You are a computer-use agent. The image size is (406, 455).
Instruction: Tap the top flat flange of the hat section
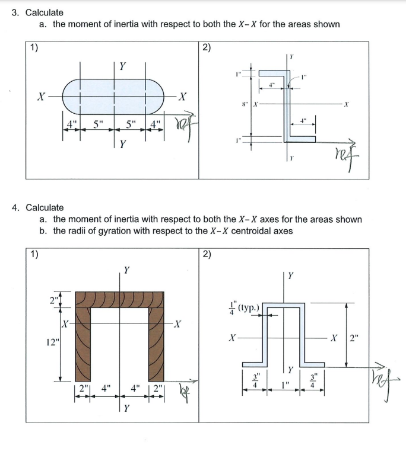coord(283,306)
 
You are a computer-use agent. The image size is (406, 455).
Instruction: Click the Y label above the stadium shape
coord(122,65)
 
